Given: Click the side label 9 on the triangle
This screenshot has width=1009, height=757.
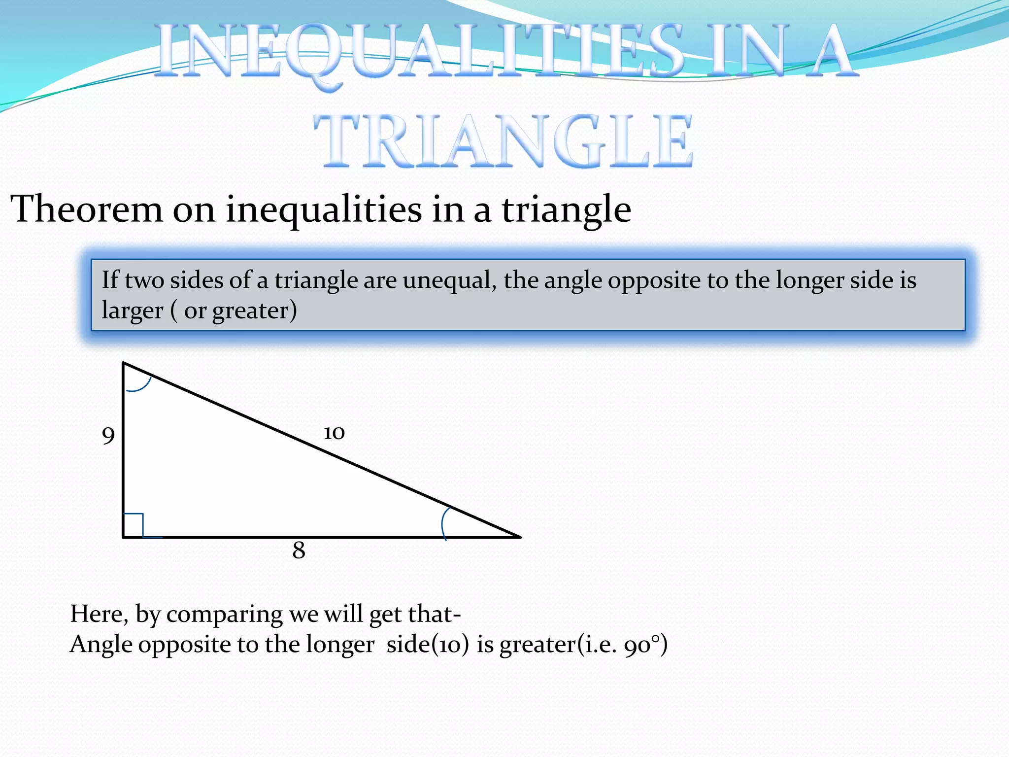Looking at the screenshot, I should pos(108,435).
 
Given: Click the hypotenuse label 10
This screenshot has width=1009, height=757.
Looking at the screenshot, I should pos(334,433).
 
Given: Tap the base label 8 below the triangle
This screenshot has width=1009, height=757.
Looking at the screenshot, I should pos(299,550).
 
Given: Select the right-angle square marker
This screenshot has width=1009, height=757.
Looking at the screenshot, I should pos(133,525).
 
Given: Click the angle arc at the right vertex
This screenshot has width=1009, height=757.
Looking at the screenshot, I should pos(444,522).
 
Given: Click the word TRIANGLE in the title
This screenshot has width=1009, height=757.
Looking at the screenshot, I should pos(504,141).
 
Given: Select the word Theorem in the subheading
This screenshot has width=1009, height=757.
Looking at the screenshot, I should pos(87,209).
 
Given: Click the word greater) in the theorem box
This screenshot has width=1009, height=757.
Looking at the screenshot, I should pos(255,311).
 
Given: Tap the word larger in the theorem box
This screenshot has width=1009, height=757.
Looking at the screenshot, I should pos(132,311).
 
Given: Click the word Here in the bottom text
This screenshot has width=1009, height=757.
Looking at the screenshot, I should pos(99,614).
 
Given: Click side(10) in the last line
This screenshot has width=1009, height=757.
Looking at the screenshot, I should pos(428,645).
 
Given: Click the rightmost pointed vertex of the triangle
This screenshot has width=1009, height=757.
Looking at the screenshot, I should pos(519,537).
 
